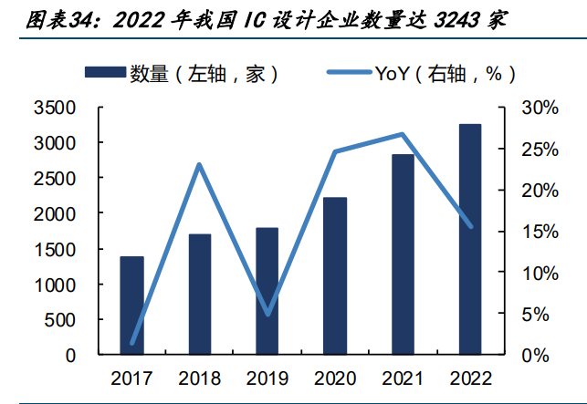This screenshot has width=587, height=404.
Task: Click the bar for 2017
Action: click(x=131, y=306)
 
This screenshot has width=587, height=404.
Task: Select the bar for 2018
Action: click(x=199, y=294)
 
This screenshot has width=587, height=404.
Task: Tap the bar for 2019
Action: click(x=267, y=291)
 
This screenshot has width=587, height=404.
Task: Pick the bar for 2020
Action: click(x=335, y=275)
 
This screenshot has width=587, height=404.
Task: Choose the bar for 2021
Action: click(x=403, y=254)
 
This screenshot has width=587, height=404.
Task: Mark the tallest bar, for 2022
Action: click(x=470, y=239)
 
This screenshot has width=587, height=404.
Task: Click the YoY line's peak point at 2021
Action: click(x=403, y=134)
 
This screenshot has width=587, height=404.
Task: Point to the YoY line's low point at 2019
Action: click(x=267, y=315)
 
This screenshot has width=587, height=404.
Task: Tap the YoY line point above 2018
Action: click(x=199, y=164)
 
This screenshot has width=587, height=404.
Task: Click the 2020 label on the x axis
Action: click(x=335, y=378)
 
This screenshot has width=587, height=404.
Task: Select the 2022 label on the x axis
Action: click(x=470, y=378)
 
